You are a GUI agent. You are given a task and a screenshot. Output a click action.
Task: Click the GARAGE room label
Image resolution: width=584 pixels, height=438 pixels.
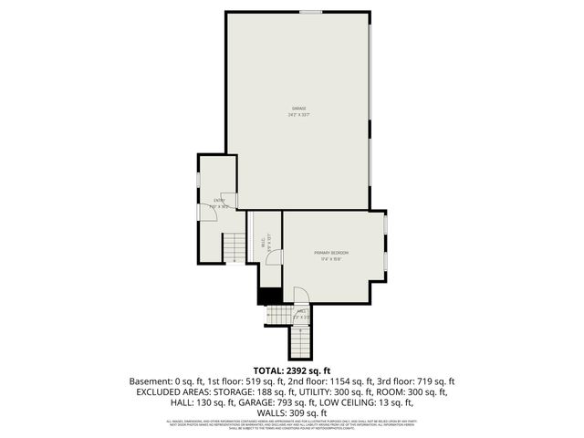[x=298, y=109]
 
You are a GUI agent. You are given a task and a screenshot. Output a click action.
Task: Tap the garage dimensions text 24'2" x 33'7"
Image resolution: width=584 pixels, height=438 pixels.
[x=298, y=115]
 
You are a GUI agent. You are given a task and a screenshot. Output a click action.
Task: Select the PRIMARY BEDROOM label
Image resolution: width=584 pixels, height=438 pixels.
[x=331, y=252]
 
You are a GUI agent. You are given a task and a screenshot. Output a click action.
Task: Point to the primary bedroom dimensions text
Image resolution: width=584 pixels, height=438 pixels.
[x=331, y=259]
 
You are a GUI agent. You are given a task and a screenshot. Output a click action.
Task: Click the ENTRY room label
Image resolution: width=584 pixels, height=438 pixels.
[x=219, y=201]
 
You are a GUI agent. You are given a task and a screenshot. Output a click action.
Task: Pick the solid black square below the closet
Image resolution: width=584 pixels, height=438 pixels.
[x=269, y=297]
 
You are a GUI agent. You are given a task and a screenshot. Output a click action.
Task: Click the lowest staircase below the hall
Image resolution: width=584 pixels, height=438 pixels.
[x=300, y=341]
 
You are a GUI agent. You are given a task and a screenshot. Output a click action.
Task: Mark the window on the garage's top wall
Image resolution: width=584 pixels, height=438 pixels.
[x=311, y=11]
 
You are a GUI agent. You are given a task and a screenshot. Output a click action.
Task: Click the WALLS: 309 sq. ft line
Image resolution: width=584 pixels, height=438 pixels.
[x=291, y=412]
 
